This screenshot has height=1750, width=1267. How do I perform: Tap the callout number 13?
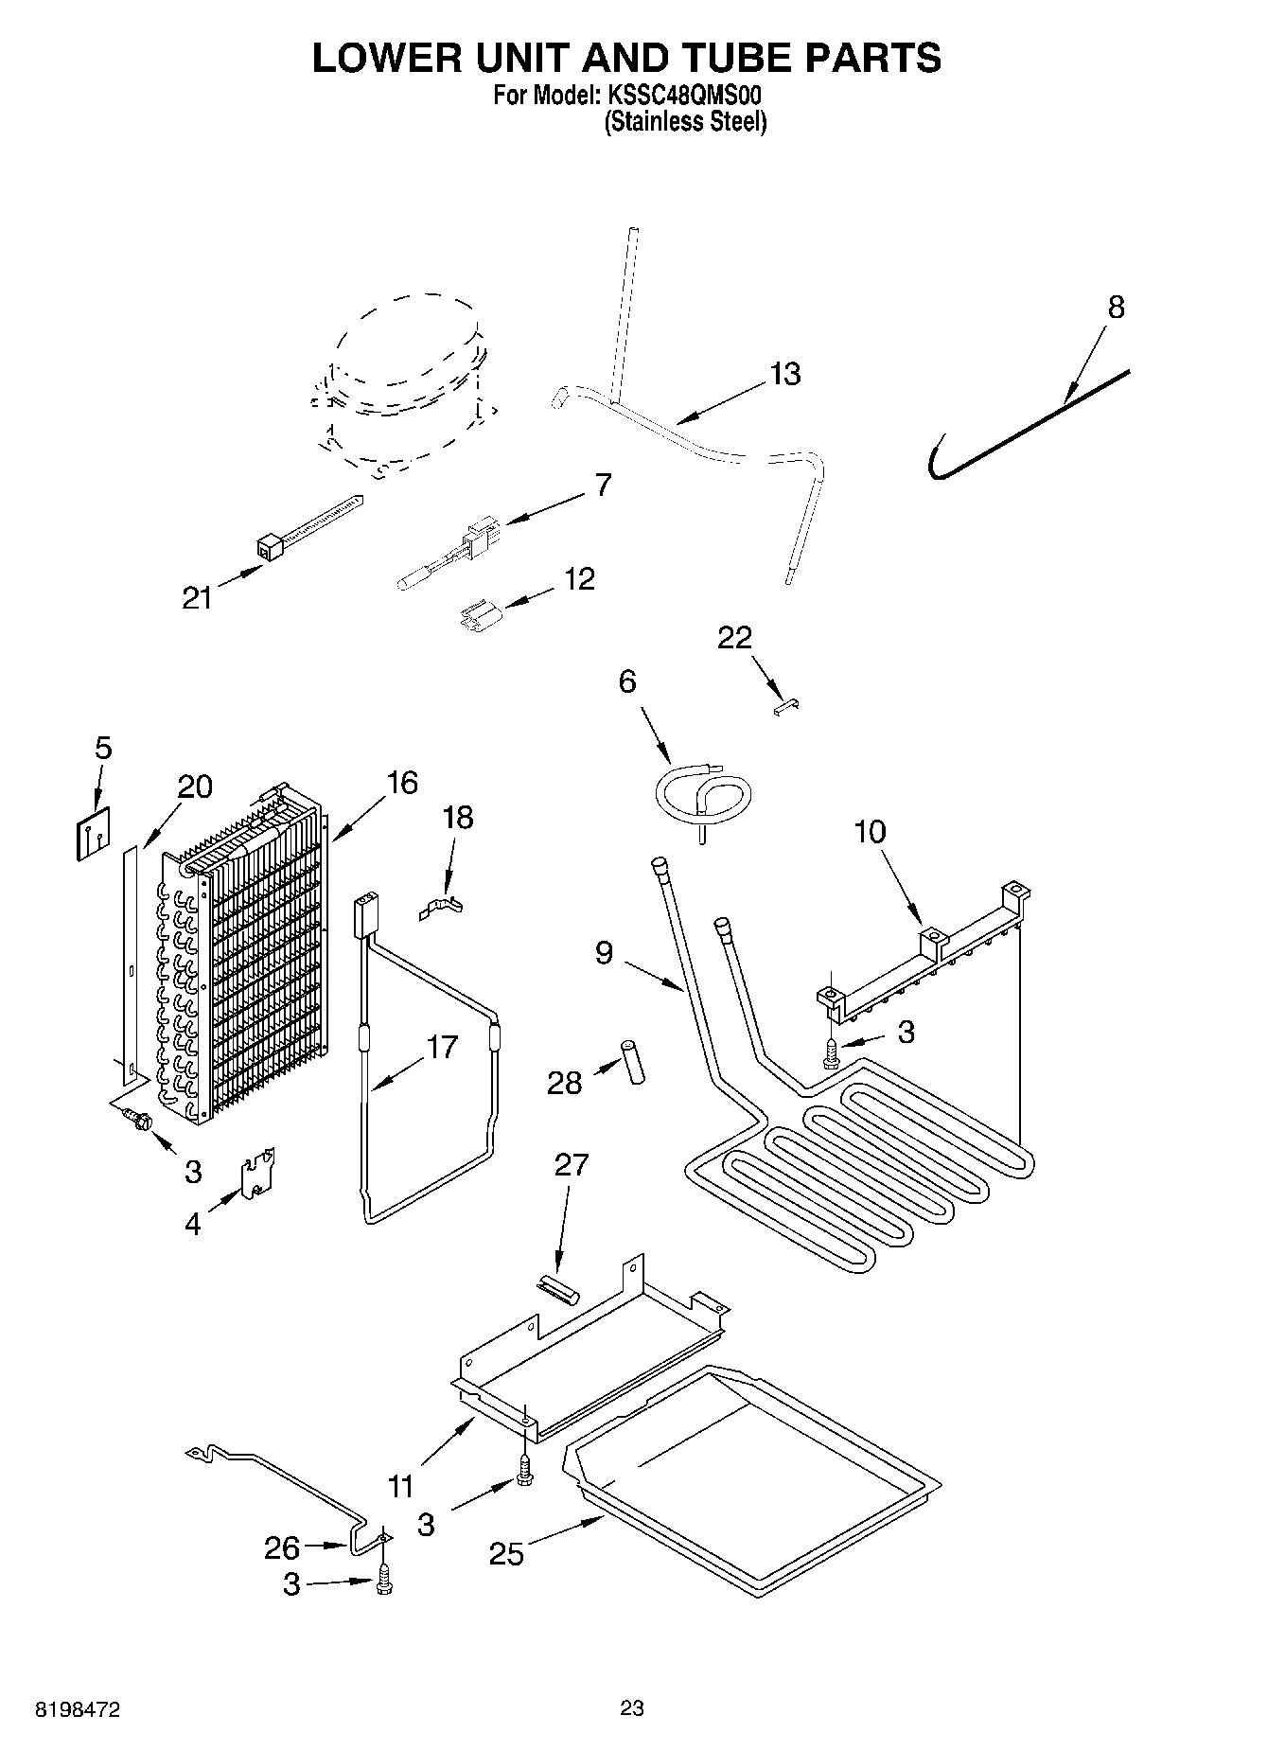[x=784, y=374]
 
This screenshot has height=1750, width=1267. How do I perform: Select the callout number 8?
[x=1117, y=308]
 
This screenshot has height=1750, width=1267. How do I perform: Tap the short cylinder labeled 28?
[x=631, y=1062]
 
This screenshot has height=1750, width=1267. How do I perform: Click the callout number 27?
[x=572, y=1165]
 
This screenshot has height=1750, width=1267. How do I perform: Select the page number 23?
[x=632, y=1708]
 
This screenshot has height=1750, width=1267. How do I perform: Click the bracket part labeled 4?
[x=258, y=1175]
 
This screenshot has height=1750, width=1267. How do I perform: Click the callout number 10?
[x=870, y=832]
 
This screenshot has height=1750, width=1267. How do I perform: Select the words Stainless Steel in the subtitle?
[x=685, y=122]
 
